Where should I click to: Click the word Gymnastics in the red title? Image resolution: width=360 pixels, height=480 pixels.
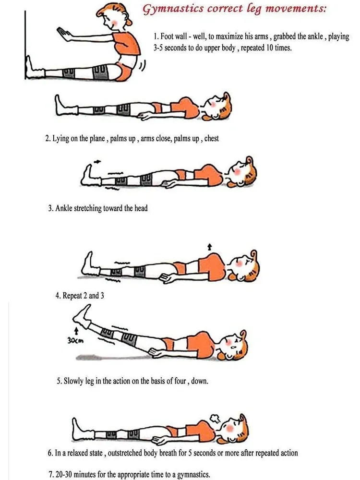coord(173,8)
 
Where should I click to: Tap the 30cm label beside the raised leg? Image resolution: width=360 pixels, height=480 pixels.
coord(75,340)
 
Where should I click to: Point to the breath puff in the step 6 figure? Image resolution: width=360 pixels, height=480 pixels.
coord(214,418)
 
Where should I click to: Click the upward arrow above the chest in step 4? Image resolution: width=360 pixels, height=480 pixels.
coord(209,247)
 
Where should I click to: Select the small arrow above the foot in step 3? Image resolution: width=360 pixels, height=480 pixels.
coord(97,161)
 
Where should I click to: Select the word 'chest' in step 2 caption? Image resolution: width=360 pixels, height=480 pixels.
coord(212,138)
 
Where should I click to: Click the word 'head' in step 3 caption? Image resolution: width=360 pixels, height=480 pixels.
coord(141,208)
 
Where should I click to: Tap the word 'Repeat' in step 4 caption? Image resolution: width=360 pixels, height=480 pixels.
coord(72,296)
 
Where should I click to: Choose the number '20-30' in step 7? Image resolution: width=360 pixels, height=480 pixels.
coord(64,475)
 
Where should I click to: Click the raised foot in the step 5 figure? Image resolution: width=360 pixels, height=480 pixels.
coord(81,315)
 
